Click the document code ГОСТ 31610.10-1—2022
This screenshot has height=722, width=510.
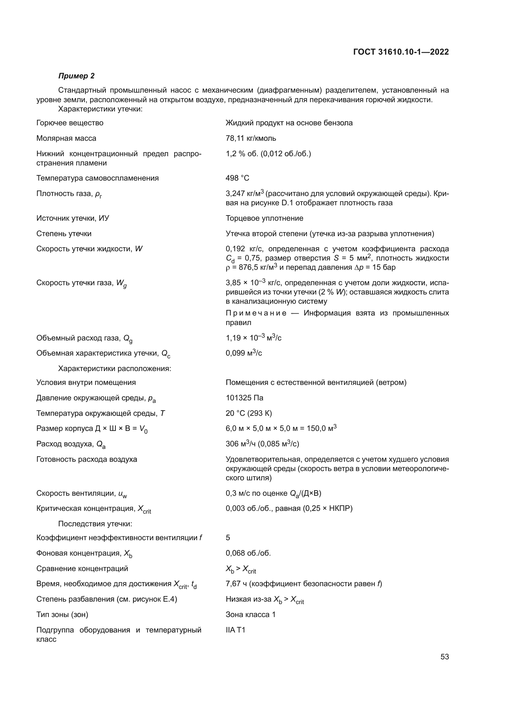tap(401, 52)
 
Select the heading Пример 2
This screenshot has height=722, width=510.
tap(76, 76)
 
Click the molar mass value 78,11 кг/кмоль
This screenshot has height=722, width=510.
tap(251, 138)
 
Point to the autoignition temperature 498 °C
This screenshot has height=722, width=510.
tap(237, 178)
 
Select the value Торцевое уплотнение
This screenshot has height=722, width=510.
tap(265, 218)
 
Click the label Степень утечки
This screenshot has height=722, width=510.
tap(64, 234)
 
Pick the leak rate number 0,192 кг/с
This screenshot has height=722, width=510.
tap(244, 249)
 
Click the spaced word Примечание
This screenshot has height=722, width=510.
tap(256, 313)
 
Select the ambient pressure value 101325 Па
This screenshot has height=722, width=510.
tap(244, 398)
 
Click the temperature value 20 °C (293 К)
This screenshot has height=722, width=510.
tap(249, 413)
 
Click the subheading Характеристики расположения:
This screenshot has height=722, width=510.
tap(115, 369)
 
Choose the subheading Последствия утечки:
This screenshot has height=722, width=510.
tap(95, 524)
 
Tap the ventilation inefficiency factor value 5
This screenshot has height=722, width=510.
tap(228, 538)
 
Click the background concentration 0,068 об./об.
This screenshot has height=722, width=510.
tap(248, 553)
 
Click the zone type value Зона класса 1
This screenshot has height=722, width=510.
tap(251, 615)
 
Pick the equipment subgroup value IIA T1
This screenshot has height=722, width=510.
tap(235, 630)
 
